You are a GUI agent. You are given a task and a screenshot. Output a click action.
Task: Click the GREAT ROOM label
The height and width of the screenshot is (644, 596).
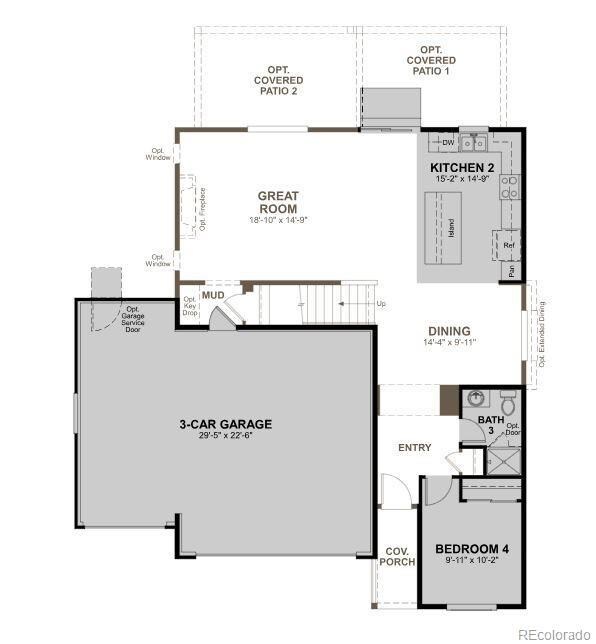click(278, 202)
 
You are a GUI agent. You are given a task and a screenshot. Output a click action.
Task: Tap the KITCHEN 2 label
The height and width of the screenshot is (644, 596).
click(462, 167)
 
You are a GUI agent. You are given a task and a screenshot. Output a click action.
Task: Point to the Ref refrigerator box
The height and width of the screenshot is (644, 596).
click(509, 244)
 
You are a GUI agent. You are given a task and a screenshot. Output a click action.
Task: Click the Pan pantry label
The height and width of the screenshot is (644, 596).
click(512, 270)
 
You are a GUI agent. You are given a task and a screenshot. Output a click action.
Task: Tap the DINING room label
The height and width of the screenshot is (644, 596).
click(449, 331)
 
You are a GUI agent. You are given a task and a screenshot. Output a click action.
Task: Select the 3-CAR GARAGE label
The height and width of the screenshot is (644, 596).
click(225, 424)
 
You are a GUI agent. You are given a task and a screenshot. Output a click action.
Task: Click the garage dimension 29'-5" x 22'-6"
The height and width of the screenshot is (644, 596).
click(225, 437)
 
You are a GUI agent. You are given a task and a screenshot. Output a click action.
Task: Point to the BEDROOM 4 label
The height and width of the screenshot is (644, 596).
click(472, 549)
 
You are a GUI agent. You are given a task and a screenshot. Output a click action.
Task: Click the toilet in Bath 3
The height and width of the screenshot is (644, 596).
click(508, 405)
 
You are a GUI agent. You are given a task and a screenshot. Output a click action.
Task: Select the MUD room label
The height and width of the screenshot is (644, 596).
click(213, 296)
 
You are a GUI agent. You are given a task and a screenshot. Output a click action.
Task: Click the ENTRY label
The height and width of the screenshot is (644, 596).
click(414, 447)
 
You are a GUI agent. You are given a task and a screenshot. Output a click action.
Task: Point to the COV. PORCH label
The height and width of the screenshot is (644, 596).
click(397, 556)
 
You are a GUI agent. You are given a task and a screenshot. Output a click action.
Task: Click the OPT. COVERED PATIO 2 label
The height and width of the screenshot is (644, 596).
click(278, 80)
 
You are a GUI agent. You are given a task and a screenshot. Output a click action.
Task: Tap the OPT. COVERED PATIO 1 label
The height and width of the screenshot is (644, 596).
click(431, 60)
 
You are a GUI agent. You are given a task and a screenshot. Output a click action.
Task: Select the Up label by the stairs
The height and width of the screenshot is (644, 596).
click(380, 303)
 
